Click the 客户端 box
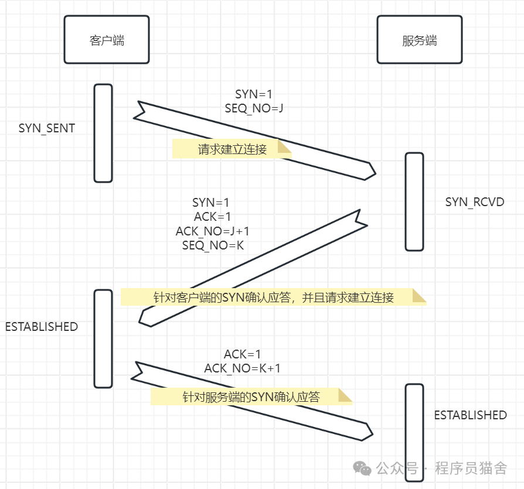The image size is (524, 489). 107,40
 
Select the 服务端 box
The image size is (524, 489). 419,40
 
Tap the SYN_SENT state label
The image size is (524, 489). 47,128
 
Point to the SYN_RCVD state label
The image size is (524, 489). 475,202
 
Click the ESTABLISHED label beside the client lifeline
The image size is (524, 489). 42,327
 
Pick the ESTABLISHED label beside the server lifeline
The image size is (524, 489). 470,415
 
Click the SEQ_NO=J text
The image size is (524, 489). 254,108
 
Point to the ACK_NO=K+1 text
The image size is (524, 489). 242,368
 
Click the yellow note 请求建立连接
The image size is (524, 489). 232,149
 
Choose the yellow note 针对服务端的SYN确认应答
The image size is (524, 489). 251,396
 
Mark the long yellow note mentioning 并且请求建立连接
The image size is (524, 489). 273,297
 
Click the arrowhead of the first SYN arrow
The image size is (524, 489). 369,171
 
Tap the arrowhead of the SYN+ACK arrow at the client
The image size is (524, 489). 145,319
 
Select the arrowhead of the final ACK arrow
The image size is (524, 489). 368,432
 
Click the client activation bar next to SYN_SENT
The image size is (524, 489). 103,133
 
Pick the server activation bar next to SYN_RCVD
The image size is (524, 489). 414,202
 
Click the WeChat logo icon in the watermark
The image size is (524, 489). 361,469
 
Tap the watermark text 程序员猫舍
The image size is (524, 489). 471,469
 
